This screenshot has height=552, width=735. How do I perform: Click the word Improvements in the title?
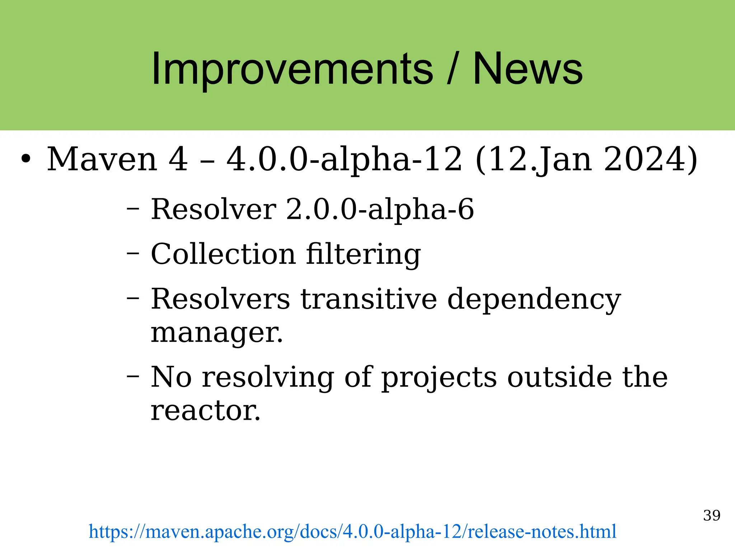click(292, 69)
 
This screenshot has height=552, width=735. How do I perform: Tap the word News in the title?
click(528, 69)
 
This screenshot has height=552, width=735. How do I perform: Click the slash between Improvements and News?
click(453, 69)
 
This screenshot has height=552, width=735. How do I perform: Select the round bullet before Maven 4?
click(25, 159)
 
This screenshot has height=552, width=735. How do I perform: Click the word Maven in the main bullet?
click(102, 159)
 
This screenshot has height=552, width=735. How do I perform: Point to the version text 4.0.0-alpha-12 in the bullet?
click(344, 159)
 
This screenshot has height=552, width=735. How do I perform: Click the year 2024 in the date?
click(645, 159)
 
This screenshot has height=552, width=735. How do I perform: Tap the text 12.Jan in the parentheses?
click(540, 159)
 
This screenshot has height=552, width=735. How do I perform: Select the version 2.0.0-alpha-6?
click(380, 209)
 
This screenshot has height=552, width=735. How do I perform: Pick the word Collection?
click(223, 254)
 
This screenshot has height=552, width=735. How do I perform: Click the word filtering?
click(363, 254)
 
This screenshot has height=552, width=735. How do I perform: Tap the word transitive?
click(369, 299)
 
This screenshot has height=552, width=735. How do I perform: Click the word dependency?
click(534, 299)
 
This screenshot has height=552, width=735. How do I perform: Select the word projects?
click(439, 377)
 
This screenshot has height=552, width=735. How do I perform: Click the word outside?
click(559, 377)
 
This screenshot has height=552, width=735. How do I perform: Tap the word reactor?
click(205, 411)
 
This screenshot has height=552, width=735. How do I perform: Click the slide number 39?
click(712, 515)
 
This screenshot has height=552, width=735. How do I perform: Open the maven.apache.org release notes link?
click(352, 532)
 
